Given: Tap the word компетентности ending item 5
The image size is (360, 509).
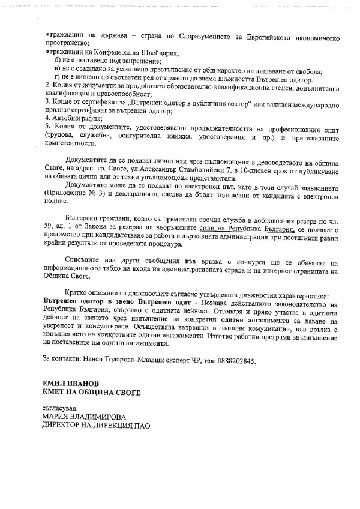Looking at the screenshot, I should [70, 144].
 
